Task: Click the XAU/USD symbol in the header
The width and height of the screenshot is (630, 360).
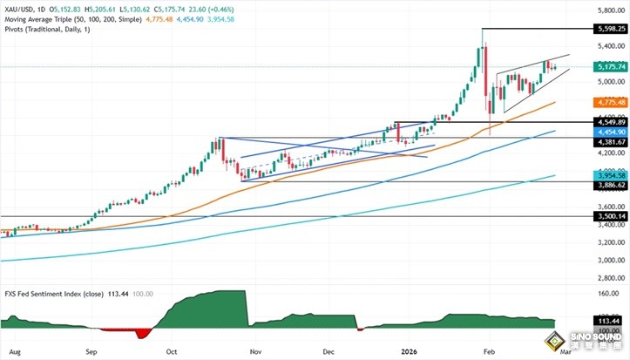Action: (20, 6)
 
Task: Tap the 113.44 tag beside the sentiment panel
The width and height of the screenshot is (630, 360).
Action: (607, 321)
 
